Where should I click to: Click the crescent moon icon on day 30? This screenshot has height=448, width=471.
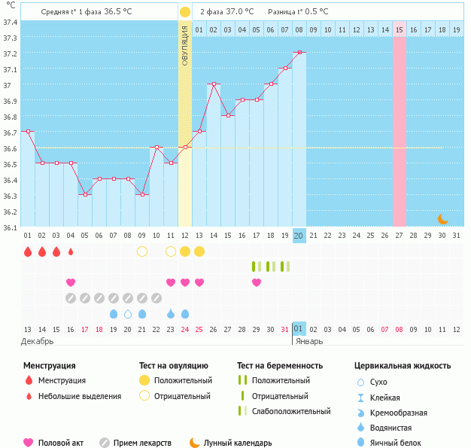(443, 219)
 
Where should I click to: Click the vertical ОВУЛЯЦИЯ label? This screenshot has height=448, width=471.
(185, 45)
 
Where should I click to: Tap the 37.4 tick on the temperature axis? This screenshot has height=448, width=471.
(11, 22)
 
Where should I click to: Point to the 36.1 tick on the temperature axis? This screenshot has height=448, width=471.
(11, 227)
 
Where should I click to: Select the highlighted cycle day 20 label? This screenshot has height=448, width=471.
(299, 236)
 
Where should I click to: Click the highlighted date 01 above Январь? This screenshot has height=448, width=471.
(299, 329)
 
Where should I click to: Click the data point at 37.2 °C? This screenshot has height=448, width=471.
(299, 53)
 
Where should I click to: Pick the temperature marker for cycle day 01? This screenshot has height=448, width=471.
(28, 132)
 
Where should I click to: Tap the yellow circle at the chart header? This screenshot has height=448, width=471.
(185, 12)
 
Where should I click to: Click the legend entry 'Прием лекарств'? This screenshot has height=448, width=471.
(142, 443)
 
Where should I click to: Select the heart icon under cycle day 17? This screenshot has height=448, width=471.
(257, 282)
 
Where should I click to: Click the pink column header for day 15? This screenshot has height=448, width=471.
(399, 29)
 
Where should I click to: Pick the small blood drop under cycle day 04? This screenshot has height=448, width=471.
(71, 251)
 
